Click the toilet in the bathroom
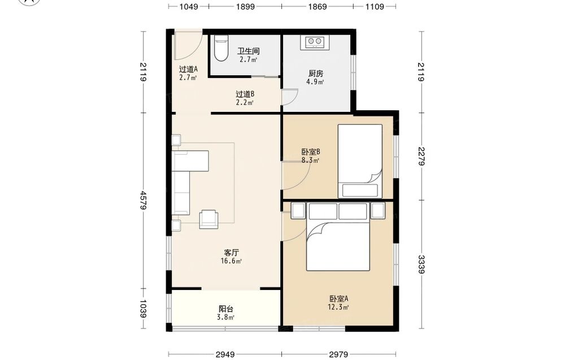tap(220, 48)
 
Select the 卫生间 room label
tap(249, 51)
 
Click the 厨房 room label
tap(316, 73)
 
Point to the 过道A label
tap(189, 69)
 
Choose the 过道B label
tap(245, 94)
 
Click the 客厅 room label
tap(231, 252)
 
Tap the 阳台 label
tap(227, 309)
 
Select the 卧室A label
tap(338, 299)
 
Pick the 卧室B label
tap(311, 151)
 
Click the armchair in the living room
tap(209, 219)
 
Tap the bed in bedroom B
tap(360, 161)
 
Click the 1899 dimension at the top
tap(245, 6)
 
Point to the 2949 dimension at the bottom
tap(225, 354)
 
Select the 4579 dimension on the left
tap(144, 201)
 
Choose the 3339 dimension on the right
tap(421, 264)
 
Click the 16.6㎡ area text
tap(231, 261)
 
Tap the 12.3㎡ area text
tap(338, 307)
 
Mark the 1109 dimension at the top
tap(375, 6)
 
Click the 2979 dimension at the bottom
tap(338, 354)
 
